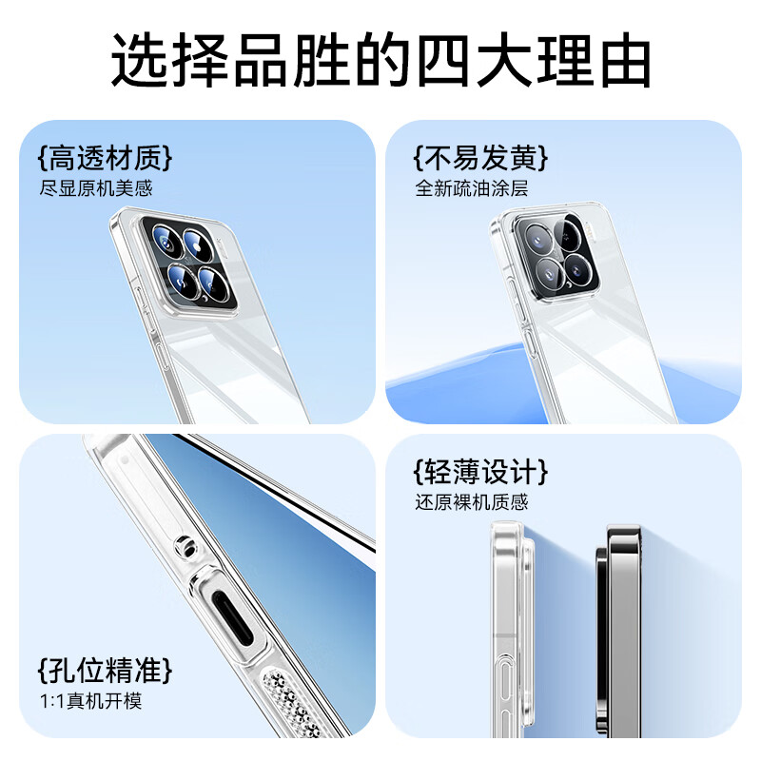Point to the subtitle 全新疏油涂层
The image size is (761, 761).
471,188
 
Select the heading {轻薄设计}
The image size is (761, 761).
481,471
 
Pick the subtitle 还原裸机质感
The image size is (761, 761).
471,501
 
